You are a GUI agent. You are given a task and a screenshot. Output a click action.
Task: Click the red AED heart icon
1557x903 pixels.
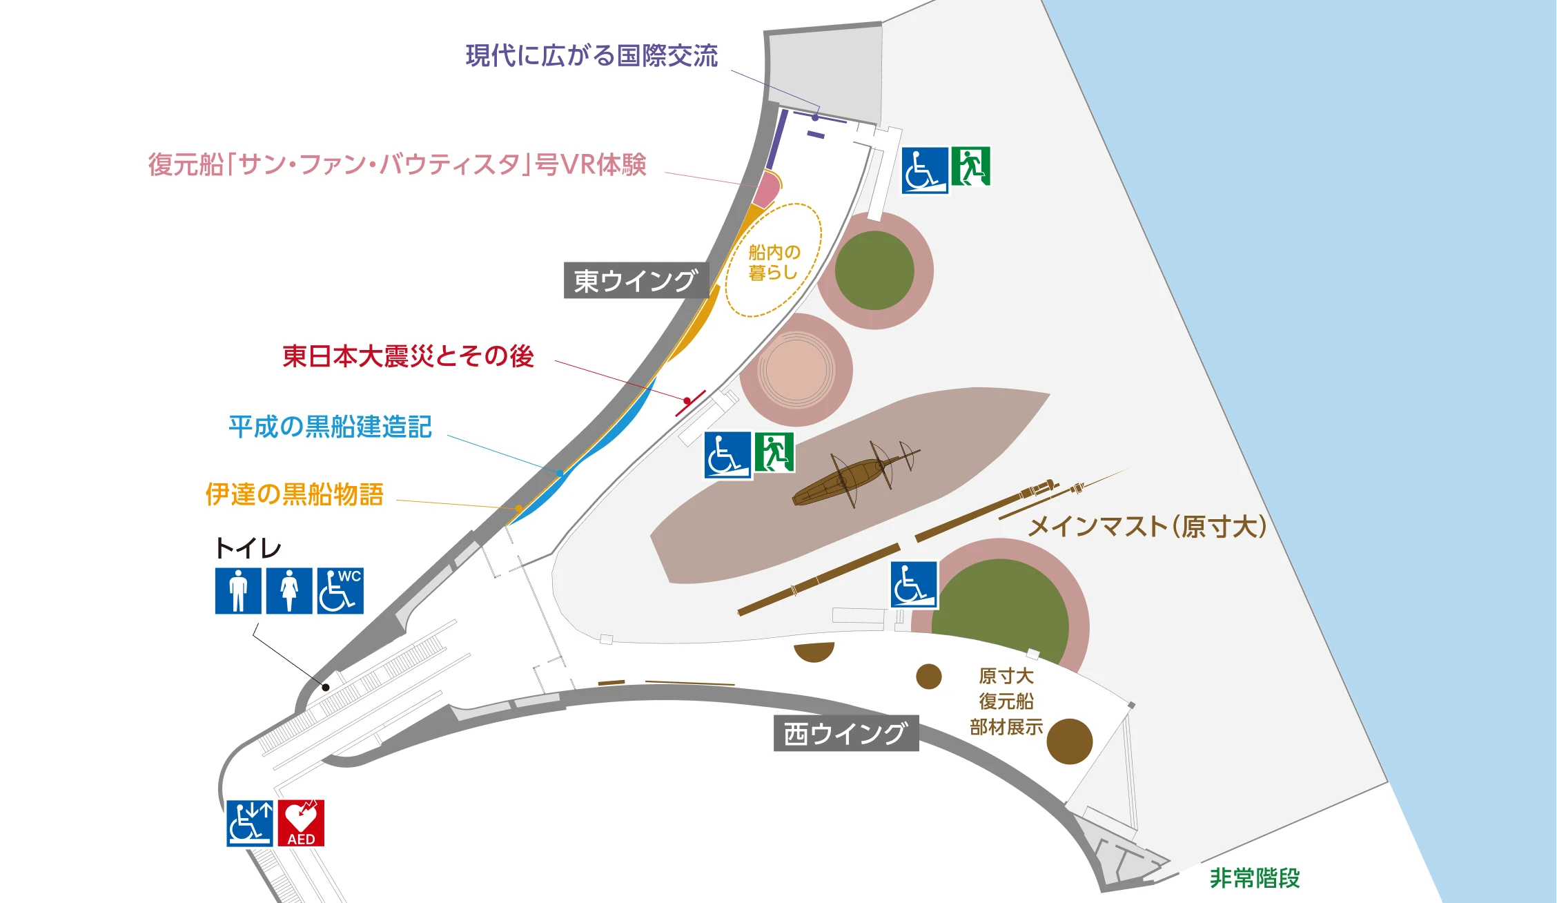pos(301,823)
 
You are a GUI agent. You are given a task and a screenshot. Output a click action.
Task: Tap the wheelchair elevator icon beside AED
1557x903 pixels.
pos(250,823)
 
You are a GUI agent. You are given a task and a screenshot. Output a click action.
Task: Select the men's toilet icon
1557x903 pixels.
pos(238,591)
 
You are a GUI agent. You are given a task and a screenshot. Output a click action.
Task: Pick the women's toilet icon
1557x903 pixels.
pos(289,591)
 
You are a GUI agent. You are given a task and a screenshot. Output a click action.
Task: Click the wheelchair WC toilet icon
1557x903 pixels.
pos(340,591)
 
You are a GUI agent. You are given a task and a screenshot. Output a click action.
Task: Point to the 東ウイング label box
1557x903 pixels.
pos(636,280)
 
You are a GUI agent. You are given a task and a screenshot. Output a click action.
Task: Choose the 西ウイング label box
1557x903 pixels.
pos(845,733)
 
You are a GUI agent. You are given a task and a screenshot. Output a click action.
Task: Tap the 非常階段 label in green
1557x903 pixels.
pos(1255,878)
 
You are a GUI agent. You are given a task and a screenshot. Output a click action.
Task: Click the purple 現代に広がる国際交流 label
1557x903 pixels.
pos(591,56)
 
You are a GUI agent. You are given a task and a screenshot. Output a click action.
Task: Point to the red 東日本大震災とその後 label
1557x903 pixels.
pos(408,356)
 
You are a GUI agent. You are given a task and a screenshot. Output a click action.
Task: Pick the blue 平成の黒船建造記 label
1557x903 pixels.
pos(330,427)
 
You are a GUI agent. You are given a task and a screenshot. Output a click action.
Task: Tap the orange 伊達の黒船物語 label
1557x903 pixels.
pos(294,494)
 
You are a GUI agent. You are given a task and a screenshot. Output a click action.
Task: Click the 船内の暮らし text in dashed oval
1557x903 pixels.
pos(774,262)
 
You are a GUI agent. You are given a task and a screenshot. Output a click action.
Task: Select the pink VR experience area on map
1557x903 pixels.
pos(766,188)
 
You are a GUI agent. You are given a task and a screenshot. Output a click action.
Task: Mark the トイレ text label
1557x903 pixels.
pos(248,549)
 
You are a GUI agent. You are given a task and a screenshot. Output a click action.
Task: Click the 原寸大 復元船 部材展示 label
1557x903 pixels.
pos(1006,701)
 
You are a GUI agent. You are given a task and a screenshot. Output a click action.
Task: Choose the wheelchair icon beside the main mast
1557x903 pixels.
pos(914,585)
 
